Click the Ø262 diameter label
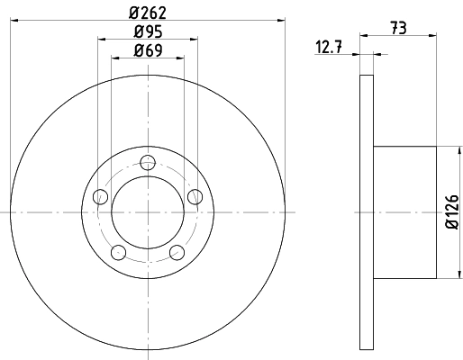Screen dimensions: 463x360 (x=148, y=13)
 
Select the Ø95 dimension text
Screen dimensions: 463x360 (x=148, y=31)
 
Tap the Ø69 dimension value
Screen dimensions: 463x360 (x=148, y=50)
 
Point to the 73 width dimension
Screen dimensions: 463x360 (x=399, y=28)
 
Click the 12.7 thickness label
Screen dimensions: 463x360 (x=329, y=47)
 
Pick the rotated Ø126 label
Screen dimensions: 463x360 (x=452, y=211)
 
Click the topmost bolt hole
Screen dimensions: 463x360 (x=148, y=163)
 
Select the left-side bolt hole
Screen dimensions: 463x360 (x=100, y=197)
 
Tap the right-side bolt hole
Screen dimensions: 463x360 (x=195, y=197)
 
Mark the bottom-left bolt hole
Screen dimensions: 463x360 (x=118, y=252)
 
